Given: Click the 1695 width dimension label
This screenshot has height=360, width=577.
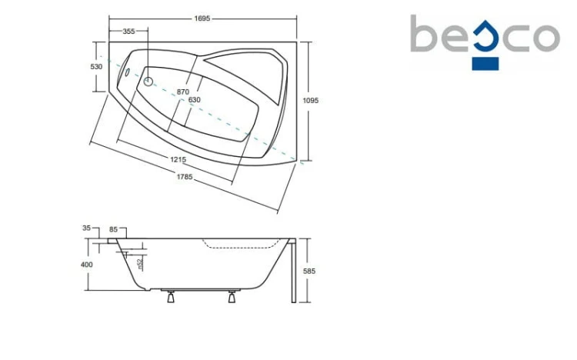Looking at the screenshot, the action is coord(202,18).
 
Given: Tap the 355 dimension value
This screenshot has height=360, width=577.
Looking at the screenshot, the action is coord(128,32).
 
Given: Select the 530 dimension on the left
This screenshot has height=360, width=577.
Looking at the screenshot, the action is coord(96,67).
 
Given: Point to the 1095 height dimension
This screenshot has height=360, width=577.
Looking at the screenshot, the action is coord(310,100).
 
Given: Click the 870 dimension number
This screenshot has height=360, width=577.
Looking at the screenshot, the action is coord(183,92).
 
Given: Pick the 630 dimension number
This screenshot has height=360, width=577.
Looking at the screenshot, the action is coord(195,100).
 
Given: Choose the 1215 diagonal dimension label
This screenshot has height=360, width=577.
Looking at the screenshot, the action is coord(178,159).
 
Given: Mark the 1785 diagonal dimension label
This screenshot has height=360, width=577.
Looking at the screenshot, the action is coord(185,177).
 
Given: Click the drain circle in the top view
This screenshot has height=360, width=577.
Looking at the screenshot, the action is coord(148,81).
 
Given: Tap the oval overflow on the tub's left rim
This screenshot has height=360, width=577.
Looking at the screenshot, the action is coord(127,72).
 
